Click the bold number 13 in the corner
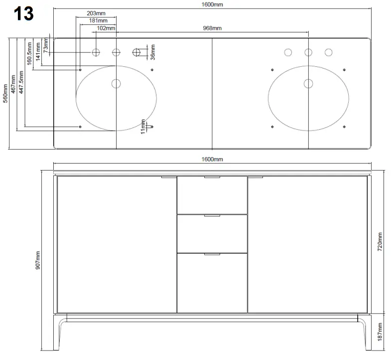pos(24,13)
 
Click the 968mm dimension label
pos(213,28)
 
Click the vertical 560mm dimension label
pos(5,89)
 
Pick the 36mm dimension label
pos(153,51)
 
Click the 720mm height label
pos(381,241)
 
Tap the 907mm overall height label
pos(38,259)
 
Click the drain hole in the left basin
pos(116,83)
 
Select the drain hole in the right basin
pos(308,83)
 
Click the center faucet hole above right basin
pos(308,52)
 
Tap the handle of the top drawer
pos(212,177)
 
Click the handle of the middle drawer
pos(212,216)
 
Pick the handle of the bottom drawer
pos(212,254)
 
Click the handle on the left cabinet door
pos(169,177)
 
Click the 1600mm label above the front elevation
pos(213,159)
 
